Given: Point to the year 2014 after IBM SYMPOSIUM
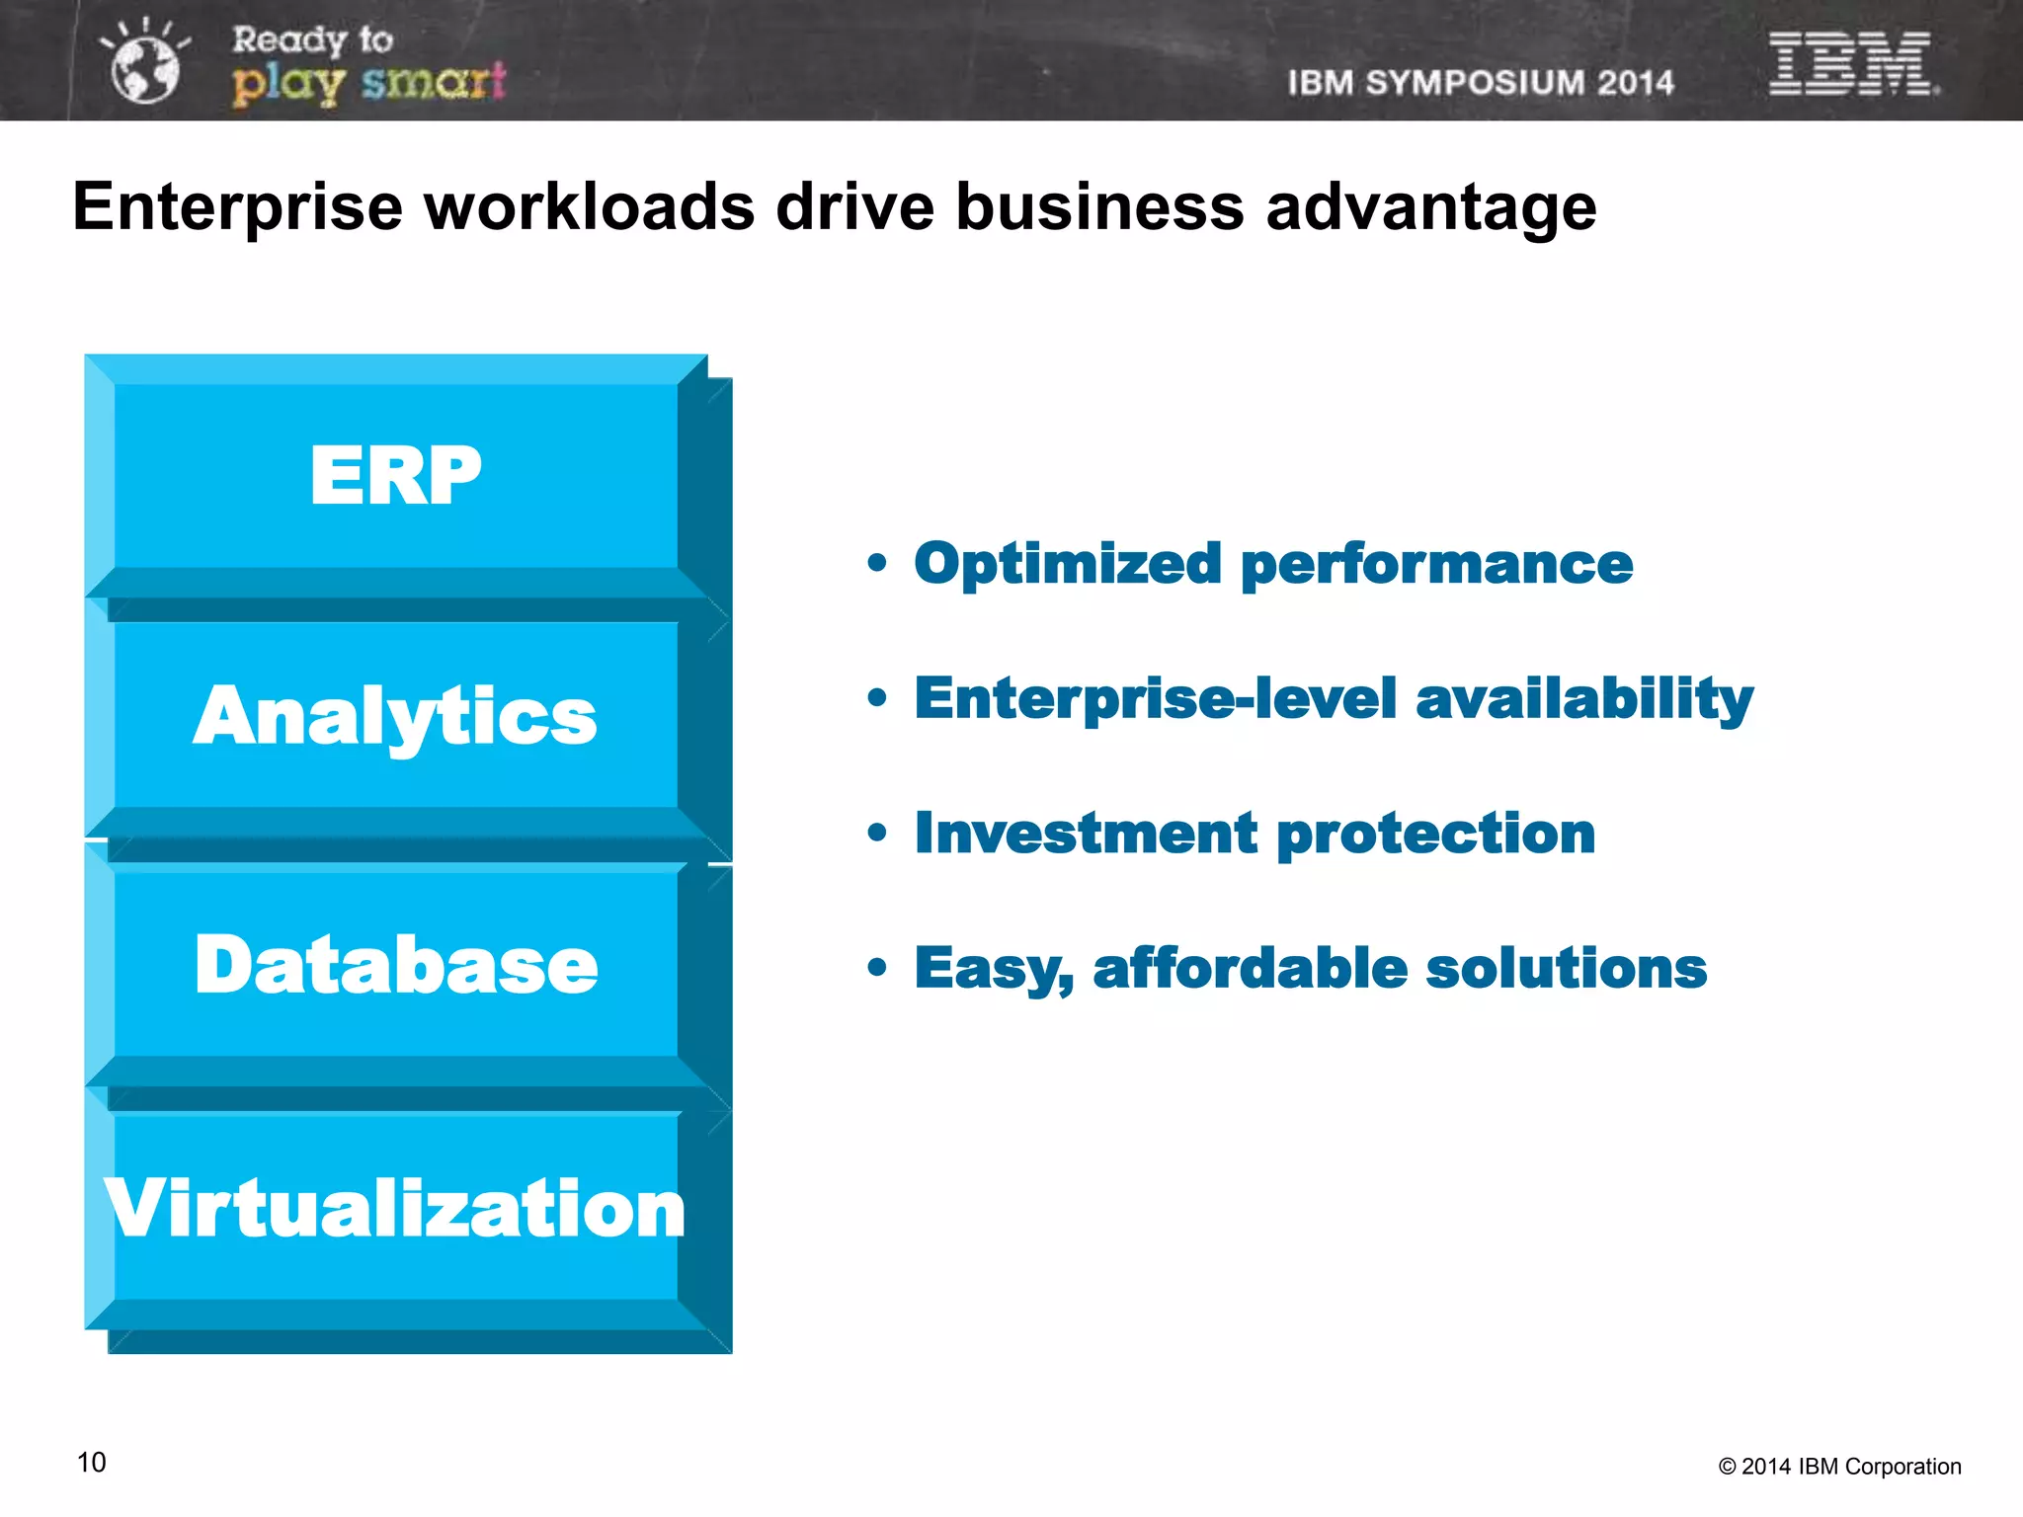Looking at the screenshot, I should (1635, 83).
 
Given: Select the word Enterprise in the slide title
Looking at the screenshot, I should (238, 207).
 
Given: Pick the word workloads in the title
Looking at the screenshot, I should (589, 207).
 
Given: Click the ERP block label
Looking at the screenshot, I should (395, 476).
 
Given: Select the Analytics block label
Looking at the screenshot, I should (395, 717).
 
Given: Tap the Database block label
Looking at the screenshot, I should (395, 965).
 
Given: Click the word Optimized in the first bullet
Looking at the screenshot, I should (1068, 564).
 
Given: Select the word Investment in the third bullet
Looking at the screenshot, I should (1086, 833).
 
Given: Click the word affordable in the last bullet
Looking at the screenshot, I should (1250, 968).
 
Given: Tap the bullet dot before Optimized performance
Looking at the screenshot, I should (877, 563).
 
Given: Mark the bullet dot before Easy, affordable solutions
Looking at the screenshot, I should (877, 967).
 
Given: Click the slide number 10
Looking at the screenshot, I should (92, 1463).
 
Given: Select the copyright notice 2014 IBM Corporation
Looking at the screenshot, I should (1839, 1467).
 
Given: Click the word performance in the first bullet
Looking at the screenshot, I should (1436, 566).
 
